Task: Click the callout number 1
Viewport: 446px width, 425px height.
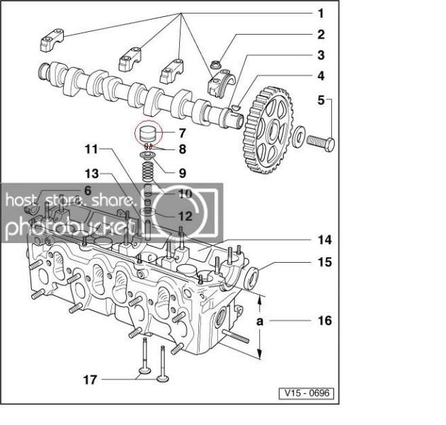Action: tap(321, 13)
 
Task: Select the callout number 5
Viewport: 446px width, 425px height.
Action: tap(321, 100)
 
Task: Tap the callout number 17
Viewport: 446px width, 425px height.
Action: tap(90, 380)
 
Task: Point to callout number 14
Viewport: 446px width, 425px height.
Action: tap(324, 240)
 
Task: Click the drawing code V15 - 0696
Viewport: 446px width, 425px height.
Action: tap(307, 393)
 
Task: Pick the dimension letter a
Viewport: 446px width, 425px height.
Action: tap(260, 322)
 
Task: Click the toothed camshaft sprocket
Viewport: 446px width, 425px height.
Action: tap(268, 130)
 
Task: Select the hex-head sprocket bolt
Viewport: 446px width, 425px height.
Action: tap(321, 142)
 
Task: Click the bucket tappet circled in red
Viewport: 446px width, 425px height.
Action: tap(149, 133)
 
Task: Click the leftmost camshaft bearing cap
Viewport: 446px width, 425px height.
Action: tap(52, 40)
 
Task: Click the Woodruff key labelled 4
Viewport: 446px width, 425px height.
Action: tap(236, 107)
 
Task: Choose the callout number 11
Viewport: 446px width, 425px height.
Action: tap(91, 149)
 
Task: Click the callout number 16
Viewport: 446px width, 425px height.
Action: tap(324, 321)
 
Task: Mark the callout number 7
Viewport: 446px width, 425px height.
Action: tap(183, 133)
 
